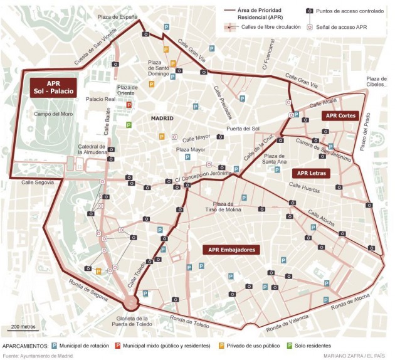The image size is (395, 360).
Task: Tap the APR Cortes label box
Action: (341, 115)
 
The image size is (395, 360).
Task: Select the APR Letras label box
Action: (311, 173)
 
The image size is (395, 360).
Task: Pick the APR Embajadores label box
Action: (231, 250)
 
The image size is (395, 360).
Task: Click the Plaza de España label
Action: (117, 17)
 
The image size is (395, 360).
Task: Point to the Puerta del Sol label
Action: (234, 129)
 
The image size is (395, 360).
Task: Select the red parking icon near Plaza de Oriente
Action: (129, 105)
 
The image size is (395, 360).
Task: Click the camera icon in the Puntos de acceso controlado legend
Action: (309, 11)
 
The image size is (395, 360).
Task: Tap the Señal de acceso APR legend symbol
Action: (309, 28)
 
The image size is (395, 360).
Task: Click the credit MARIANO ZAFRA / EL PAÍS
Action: (355, 356)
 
